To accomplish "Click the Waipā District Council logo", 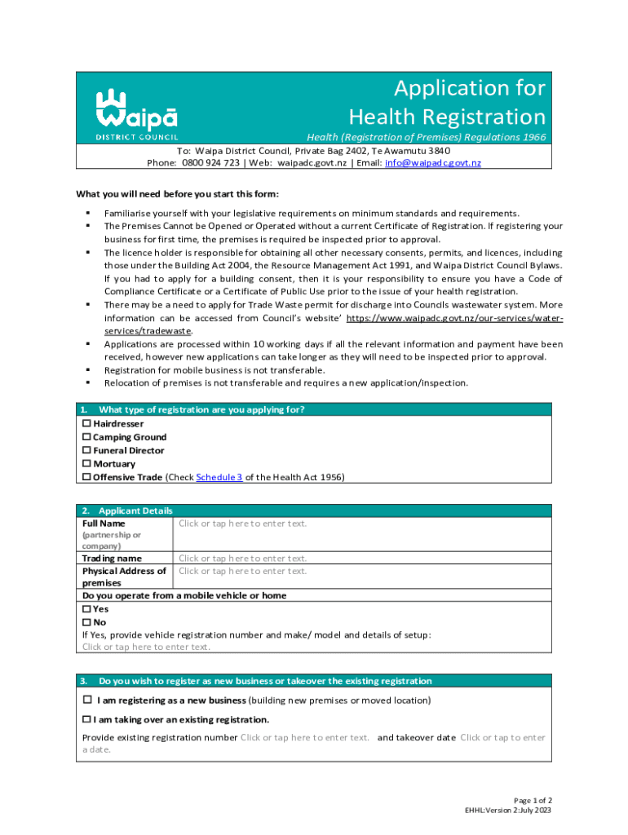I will [x=136, y=113].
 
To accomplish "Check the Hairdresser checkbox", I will [x=86, y=424].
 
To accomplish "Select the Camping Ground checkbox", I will [x=86, y=437].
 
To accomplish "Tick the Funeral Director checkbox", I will [x=86, y=450].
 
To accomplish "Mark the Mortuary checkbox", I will [x=86, y=464].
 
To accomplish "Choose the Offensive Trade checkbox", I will [x=86, y=477].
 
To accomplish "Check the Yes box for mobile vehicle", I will [x=86, y=609].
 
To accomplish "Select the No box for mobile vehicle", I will [x=86, y=622].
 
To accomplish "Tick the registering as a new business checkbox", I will [x=86, y=700].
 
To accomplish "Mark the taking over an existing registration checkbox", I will [x=86, y=720].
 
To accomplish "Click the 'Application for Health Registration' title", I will [x=447, y=102].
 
